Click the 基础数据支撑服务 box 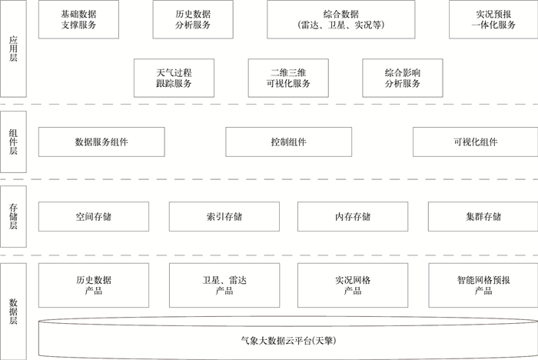coord(78,19)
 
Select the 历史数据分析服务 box coord(193,19)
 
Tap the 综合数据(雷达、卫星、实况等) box coord(341,19)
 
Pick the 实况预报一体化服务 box coord(493,19)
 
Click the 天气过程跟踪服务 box coord(174,78)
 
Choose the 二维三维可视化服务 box coord(288,78)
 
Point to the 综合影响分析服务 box coord(403,78)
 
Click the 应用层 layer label coord(13,48)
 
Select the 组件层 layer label coord(13,142)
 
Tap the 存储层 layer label coord(13,216)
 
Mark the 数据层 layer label coord(13,312)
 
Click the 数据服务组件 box coord(101,142)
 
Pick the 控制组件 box coord(288,142)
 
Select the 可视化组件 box coord(475,142)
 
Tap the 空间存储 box coord(94,216)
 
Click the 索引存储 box coord(224,216)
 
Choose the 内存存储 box coord(353,216)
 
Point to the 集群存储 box coord(483,216)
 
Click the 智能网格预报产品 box coord(483,285)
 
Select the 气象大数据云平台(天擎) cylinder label coord(288,341)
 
